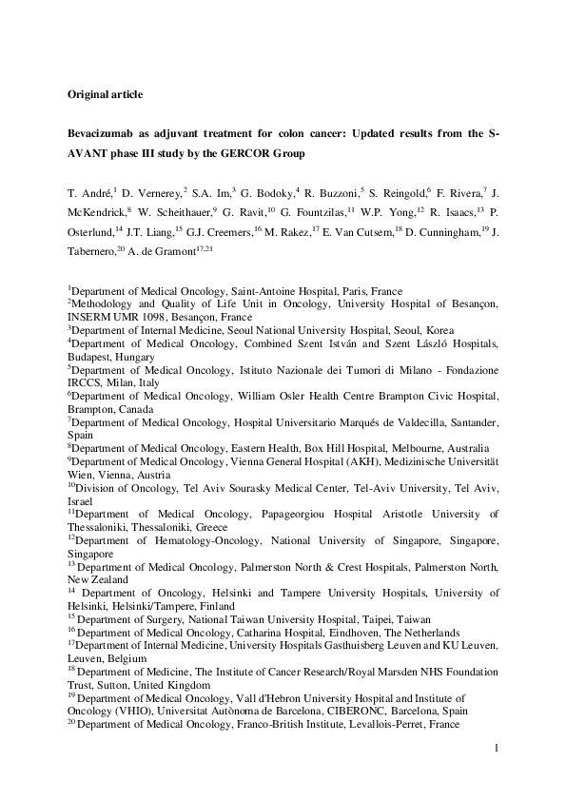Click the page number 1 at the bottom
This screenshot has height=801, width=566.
point(497,750)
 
